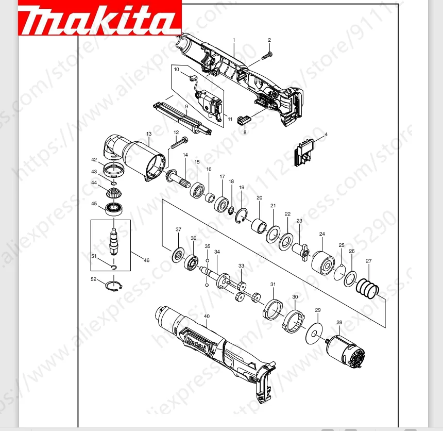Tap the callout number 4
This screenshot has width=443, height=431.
[326, 134]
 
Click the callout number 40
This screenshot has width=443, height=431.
[207, 316]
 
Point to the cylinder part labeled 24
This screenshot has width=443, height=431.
[323, 263]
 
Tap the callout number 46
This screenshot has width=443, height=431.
[146, 260]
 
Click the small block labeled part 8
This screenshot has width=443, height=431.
[243, 120]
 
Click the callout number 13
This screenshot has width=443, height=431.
[149, 134]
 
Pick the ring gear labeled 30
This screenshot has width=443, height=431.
[292, 321]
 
